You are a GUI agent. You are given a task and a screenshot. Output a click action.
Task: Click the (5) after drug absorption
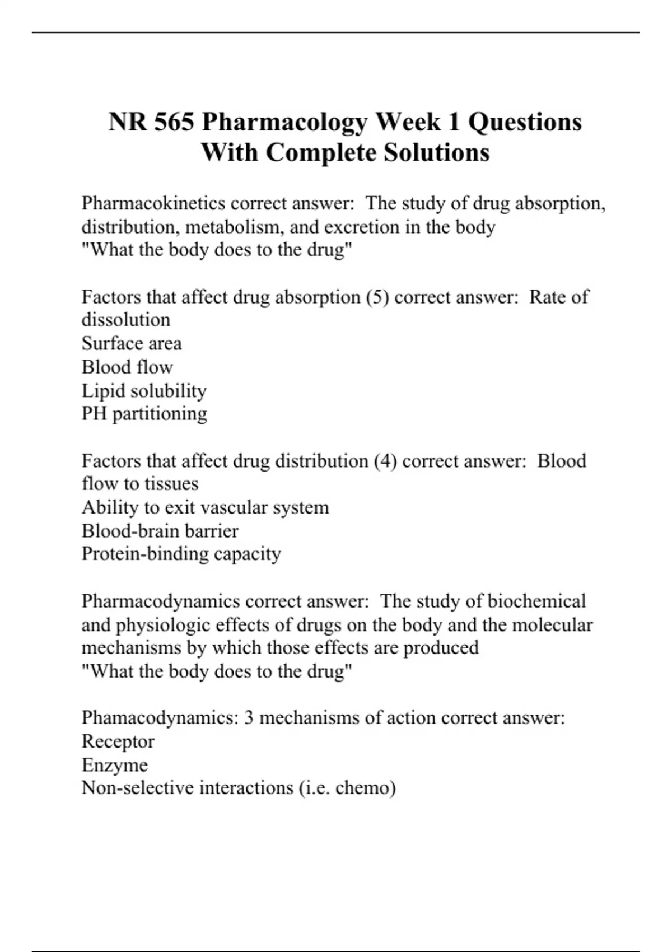(377, 297)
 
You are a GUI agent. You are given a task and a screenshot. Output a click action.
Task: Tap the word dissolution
(126, 320)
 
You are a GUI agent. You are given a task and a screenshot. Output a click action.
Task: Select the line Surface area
(132, 343)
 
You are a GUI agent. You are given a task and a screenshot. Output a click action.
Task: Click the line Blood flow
(127, 367)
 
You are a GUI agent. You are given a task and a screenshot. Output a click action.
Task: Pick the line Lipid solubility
(144, 390)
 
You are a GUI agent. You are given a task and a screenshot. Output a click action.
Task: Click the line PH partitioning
(144, 414)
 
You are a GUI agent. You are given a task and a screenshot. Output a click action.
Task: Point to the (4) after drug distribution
(385, 461)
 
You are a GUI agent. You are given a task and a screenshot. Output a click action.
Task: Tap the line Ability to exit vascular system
(205, 507)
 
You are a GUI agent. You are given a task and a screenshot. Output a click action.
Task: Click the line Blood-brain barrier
(160, 531)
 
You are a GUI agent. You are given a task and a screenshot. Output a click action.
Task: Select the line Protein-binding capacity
(181, 554)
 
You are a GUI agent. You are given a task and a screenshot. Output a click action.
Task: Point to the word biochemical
(536, 601)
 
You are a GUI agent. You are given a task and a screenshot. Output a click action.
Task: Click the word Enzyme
(114, 764)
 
